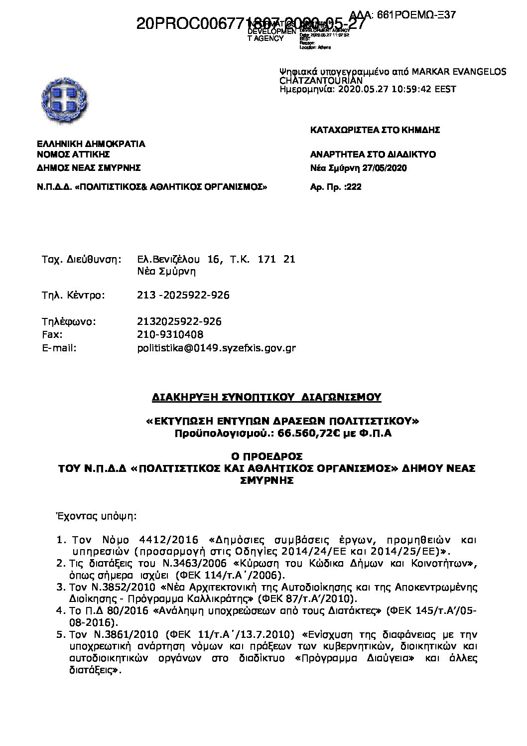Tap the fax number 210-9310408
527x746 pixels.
click(170, 334)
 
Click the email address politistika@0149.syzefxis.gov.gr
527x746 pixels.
click(216, 348)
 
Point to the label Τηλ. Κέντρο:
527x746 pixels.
click(73, 295)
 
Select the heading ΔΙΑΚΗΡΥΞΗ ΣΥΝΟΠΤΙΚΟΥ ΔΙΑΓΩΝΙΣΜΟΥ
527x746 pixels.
click(266, 397)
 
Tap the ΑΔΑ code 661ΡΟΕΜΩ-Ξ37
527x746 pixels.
click(416, 15)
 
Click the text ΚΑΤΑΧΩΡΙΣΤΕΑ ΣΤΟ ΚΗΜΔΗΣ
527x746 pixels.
click(375, 130)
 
